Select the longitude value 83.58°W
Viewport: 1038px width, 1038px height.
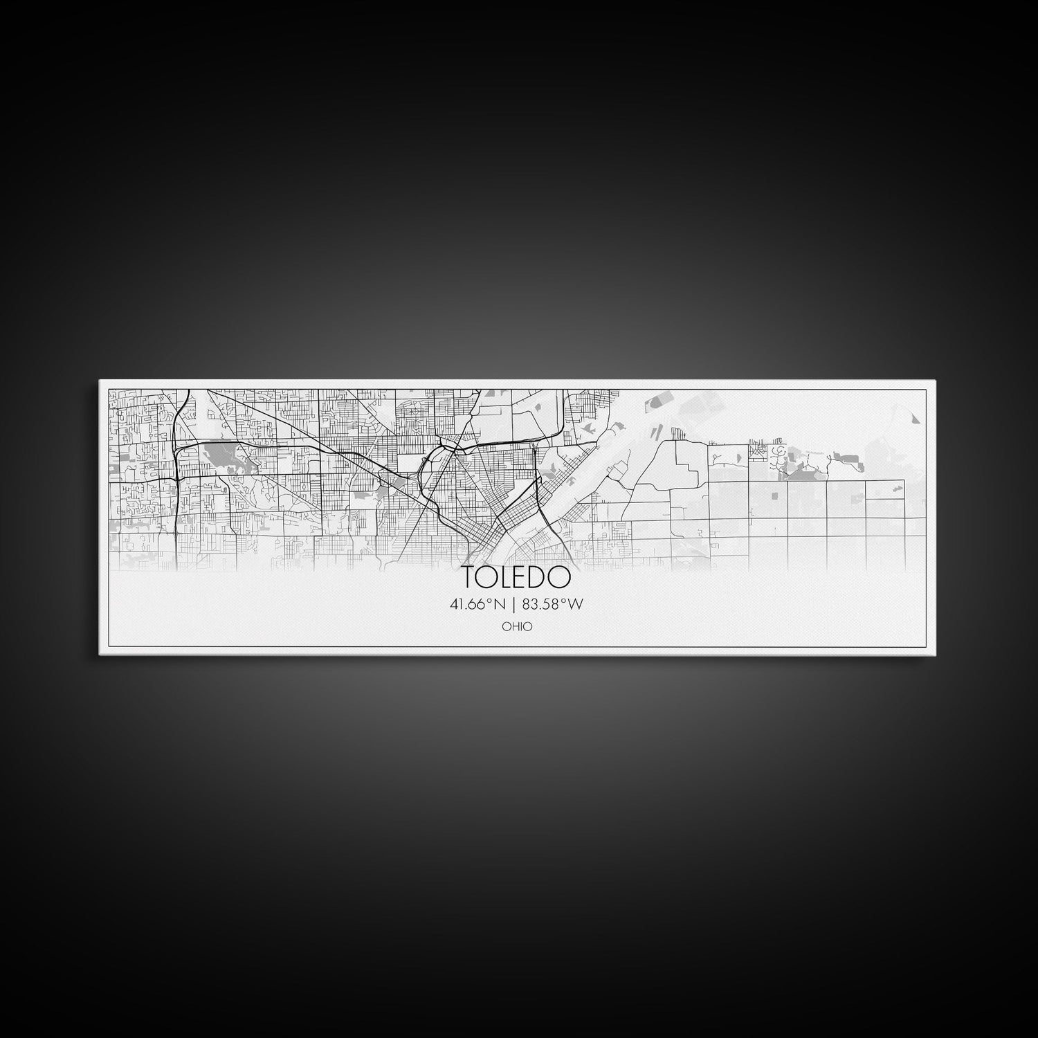pyautogui.click(x=553, y=604)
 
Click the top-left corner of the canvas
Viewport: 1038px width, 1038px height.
pyautogui.click(x=100, y=381)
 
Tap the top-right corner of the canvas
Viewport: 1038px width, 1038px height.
pyautogui.click(x=936, y=381)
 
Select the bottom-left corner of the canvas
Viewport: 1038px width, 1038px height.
pyautogui.click(x=100, y=654)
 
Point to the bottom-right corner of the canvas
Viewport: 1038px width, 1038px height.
pyautogui.click(x=936, y=654)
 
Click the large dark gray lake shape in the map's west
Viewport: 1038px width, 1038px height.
pyautogui.click(x=219, y=455)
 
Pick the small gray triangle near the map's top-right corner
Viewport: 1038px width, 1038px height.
pyautogui.click(x=916, y=418)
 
